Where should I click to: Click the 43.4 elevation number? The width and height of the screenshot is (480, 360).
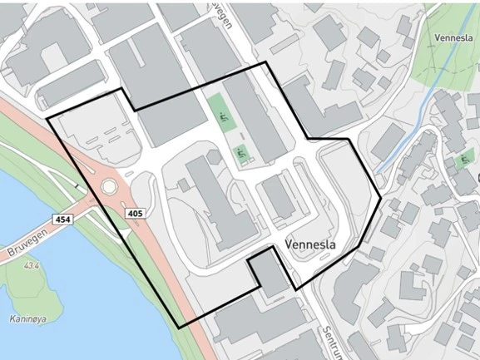pyautogui.click(x=32, y=266)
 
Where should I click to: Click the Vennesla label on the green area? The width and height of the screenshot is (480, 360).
pyautogui.click(x=453, y=37)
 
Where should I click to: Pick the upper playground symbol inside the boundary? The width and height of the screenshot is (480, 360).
pyautogui.click(x=221, y=117)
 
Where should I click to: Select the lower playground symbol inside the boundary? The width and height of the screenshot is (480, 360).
pyautogui.click(x=241, y=153)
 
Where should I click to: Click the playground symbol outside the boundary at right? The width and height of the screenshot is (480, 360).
pyautogui.click(x=463, y=159)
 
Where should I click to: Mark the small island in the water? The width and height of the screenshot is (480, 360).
pyautogui.click(x=27, y=287)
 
